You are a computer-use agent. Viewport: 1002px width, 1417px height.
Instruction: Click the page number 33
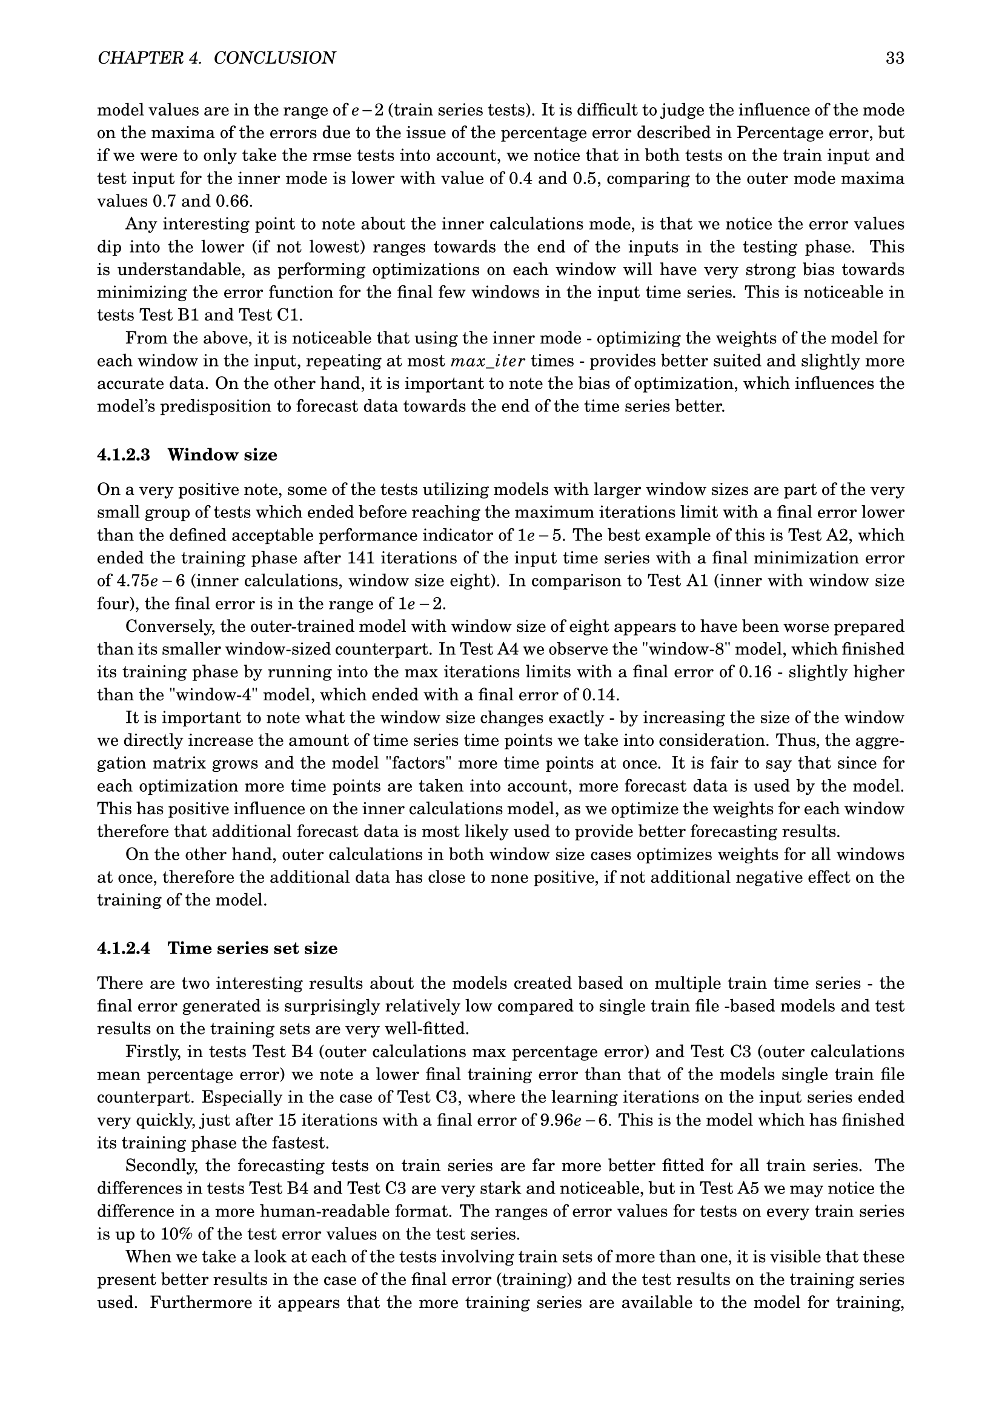[x=895, y=58]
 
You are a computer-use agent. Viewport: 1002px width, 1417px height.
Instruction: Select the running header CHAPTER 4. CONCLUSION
[x=216, y=58]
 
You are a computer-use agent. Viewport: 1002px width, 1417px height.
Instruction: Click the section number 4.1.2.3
[x=124, y=456]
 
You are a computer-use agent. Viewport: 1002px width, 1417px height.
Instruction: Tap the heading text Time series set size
[x=253, y=948]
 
